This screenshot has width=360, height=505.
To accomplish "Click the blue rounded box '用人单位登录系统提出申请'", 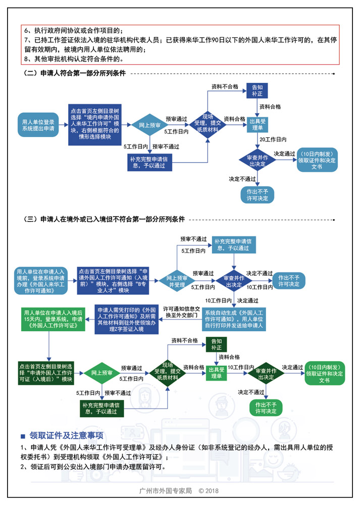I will pos(39,126).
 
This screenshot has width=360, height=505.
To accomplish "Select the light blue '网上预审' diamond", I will pos(149,125).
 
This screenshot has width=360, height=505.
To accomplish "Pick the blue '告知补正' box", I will pos(256,90).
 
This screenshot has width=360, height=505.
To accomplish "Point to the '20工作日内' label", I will pos(273,139).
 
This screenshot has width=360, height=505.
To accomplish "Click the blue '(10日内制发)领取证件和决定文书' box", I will pos(317,160).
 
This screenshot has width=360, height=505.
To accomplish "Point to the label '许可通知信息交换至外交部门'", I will pos(181,313).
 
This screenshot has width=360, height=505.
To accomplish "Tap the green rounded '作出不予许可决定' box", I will pos(266,407).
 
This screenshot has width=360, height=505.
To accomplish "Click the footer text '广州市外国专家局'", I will pos(166,490).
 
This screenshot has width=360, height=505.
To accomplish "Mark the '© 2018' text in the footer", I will pos(209,490).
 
